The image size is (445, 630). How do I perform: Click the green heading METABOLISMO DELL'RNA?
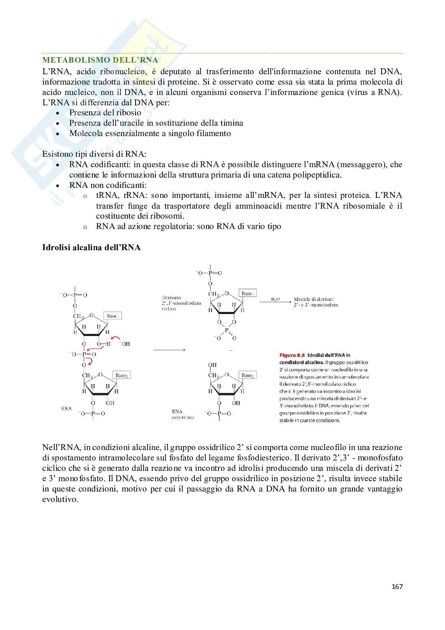coord(100,60)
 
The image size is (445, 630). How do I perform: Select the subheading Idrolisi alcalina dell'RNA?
coord(91,247)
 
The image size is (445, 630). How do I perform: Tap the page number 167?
coord(397,586)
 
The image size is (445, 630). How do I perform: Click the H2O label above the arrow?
coord(275,299)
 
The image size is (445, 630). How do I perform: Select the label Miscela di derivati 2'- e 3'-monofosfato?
coord(316,302)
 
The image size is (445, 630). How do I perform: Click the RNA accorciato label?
coord(183,414)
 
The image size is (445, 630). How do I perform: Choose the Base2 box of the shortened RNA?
coord(247,375)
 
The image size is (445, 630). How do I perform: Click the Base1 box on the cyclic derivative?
coord(247,293)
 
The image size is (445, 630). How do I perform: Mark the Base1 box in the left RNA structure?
coord(113,316)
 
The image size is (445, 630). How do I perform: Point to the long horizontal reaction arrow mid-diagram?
coord(169,350)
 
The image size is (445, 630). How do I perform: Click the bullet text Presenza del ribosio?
coord(105,113)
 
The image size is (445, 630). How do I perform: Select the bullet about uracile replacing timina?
coord(156,123)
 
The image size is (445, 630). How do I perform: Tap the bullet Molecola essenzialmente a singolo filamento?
coord(150,133)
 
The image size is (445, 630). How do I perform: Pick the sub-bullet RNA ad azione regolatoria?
coord(188,226)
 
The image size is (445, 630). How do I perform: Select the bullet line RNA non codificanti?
coord(108,185)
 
